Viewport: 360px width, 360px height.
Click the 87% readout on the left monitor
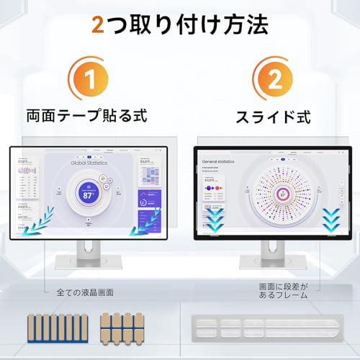(x=89, y=194)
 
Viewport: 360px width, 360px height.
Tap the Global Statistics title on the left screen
(x=89, y=163)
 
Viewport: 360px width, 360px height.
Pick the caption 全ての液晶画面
(x=84, y=292)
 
